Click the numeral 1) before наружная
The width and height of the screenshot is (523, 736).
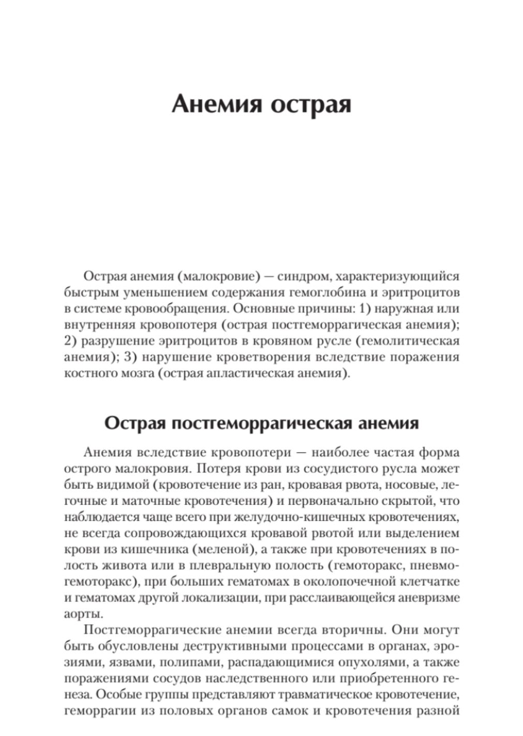pos(364,309)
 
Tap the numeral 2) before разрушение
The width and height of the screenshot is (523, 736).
pos(72,341)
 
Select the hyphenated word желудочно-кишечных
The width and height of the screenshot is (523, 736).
pos(301,517)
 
